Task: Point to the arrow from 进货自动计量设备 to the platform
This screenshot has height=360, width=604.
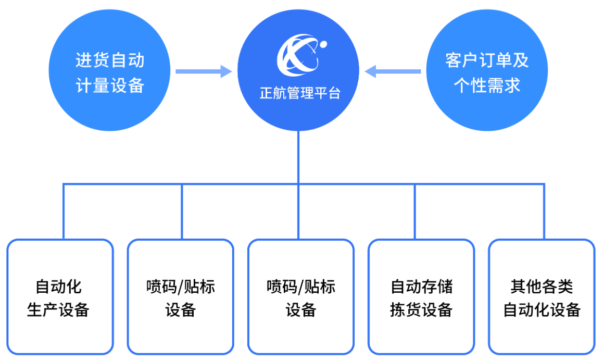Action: click(x=203, y=71)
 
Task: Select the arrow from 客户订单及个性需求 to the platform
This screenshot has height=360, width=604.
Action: click(x=393, y=71)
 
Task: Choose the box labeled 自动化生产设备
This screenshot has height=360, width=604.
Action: click(x=60, y=297)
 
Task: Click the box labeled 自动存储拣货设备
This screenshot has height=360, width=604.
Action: click(x=421, y=297)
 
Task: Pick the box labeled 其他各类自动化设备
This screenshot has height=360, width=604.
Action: click(x=542, y=297)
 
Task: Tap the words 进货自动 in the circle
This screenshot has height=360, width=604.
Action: click(x=109, y=60)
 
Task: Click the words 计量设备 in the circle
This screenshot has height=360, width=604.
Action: click(x=109, y=84)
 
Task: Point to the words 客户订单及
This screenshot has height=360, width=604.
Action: click(x=487, y=60)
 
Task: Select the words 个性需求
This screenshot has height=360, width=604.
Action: click(x=487, y=84)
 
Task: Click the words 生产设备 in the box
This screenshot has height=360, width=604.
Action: click(x=58, y=310)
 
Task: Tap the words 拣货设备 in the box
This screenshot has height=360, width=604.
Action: click(x=421, y=310)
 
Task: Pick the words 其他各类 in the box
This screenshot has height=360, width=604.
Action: click(x=542, y=287)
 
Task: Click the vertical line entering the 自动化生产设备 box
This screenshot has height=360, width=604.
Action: click(x=64, y=211)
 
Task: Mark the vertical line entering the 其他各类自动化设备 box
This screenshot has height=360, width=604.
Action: click(x=544, y=211)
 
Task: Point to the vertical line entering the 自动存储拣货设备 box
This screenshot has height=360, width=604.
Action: click(x=415, y=211)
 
